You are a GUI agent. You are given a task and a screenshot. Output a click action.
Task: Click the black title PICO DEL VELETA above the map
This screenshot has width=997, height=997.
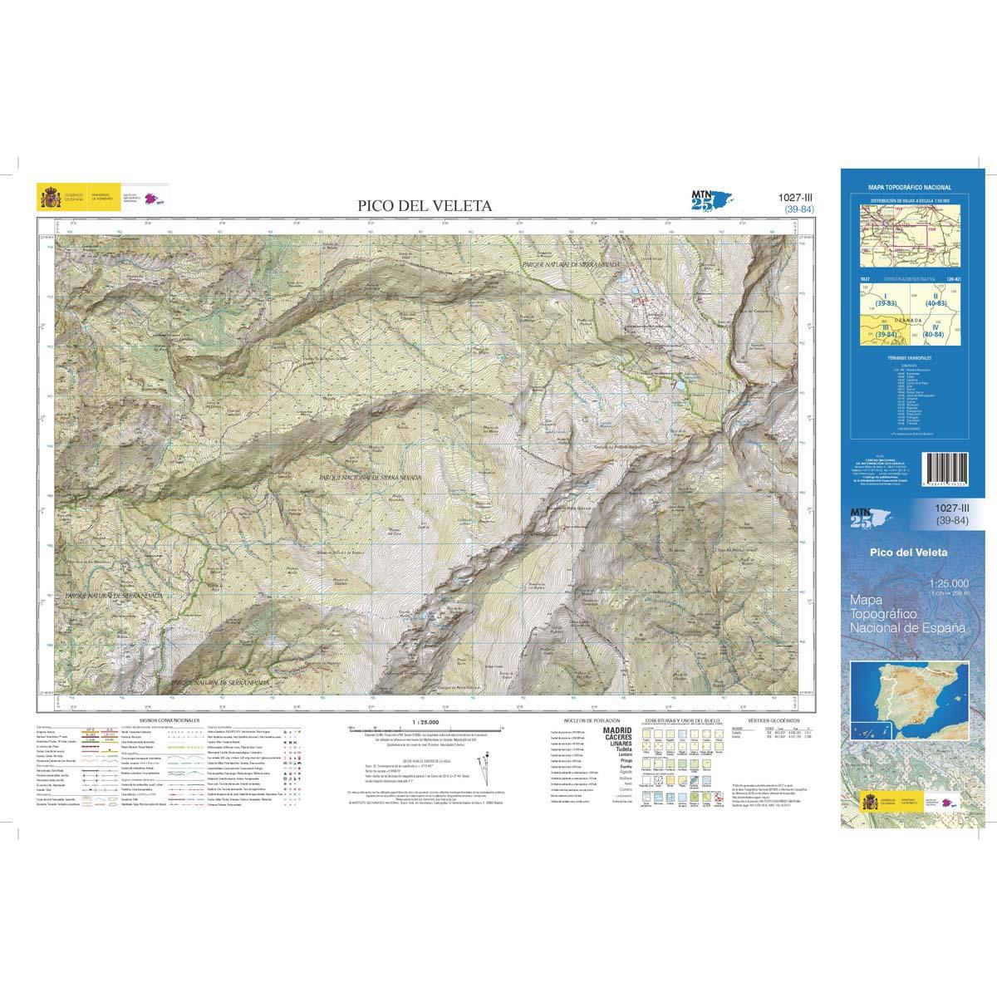coord(425,205)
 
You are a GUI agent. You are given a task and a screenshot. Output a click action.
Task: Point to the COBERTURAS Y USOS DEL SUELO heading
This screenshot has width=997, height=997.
coord(678,720)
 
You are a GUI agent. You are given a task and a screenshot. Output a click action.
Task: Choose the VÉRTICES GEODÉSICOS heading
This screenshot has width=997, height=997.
coord(773,720)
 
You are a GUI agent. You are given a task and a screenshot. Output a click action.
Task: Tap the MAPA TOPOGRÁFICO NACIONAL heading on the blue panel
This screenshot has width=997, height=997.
coord(909,189)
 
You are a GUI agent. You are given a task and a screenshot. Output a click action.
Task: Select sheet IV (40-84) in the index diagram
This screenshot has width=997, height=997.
coord(936,332)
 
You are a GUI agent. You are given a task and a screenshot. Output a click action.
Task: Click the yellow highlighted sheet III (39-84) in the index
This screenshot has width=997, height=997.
coord(875,331)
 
